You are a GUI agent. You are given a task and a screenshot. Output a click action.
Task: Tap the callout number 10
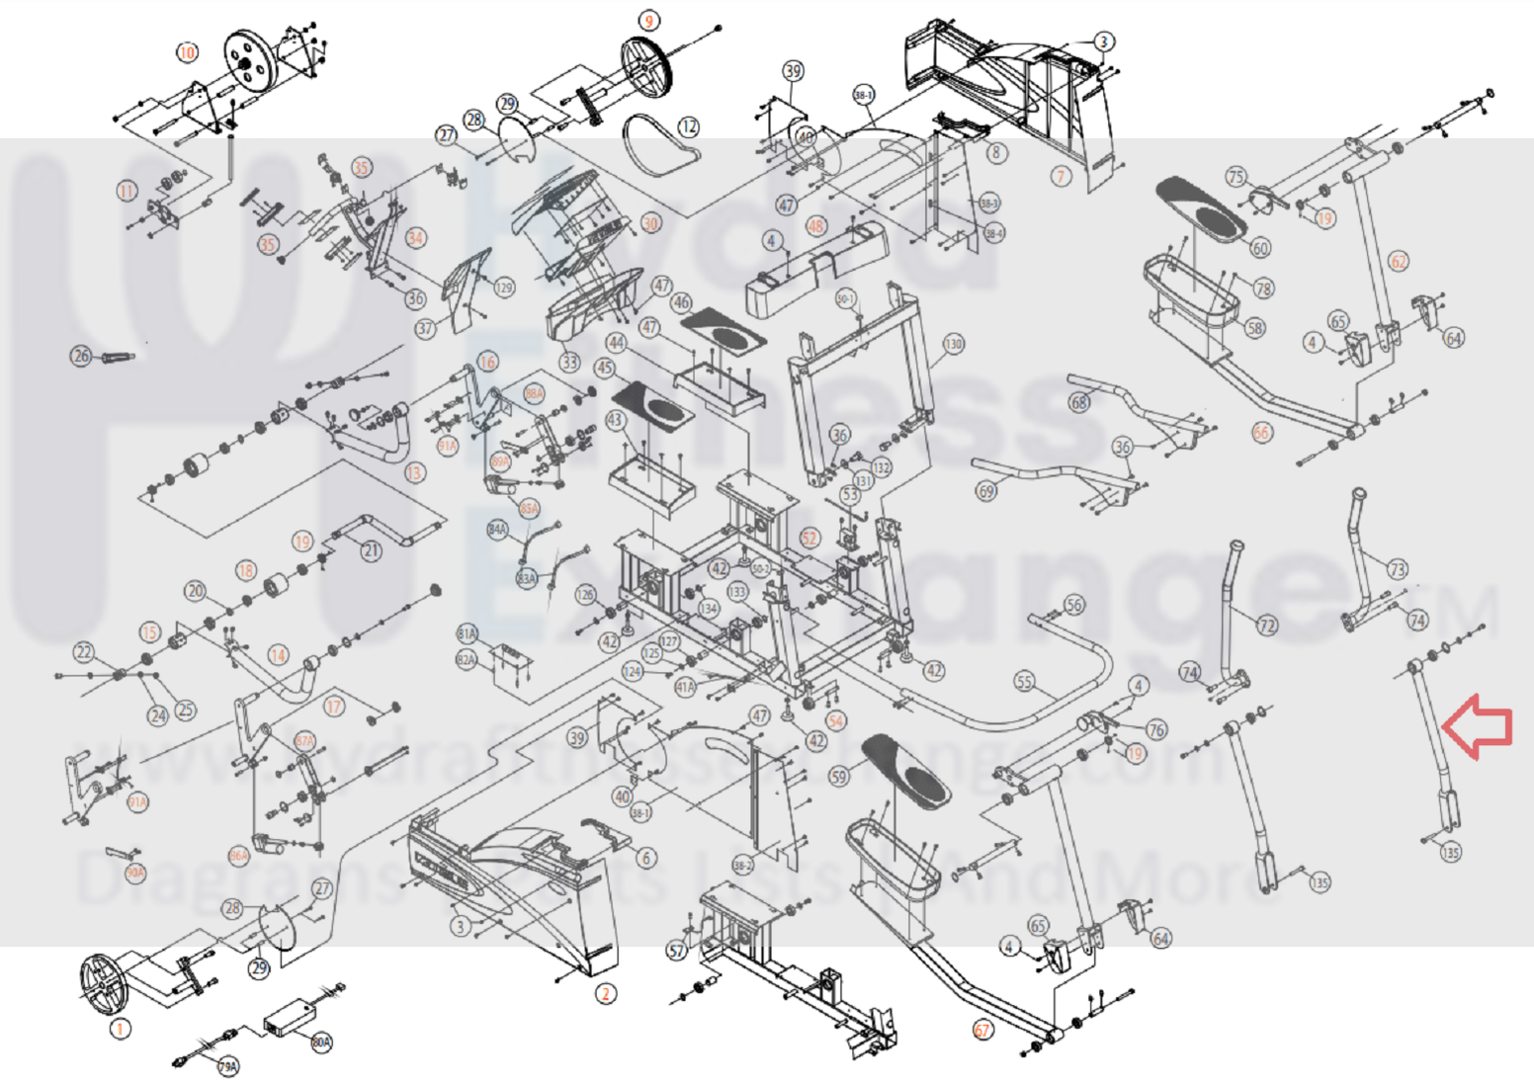tap(187, 52)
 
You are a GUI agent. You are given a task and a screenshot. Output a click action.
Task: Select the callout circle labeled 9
tap(648, 21)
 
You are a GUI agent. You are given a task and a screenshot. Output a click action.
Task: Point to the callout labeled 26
tap(81, 356)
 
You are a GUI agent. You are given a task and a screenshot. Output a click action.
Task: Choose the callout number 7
tap(1061, 177)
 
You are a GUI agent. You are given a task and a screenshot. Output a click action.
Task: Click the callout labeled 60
tap(1260, 248)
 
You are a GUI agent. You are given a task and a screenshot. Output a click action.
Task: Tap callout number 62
tap(1399, 261)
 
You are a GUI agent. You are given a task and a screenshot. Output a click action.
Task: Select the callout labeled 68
tap(1079, 402)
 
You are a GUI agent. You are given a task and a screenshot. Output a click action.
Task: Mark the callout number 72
tap(1267, 626)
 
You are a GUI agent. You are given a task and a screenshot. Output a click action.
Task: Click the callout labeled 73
tap(1397, 569)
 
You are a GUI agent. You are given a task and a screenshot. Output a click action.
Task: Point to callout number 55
tap(1024, 682)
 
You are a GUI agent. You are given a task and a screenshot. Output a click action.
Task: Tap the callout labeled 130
tap(953, 344)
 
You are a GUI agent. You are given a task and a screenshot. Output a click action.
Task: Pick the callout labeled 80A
tap(321, 1043)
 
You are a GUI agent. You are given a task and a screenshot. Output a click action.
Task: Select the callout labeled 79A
tap(228, 1067)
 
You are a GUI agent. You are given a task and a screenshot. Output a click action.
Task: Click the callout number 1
tap(120, 1029)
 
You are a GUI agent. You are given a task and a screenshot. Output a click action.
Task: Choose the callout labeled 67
tap(982, 1030)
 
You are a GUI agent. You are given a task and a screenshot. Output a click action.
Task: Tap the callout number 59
tap(839, 777)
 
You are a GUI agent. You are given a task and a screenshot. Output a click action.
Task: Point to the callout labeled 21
tap(371, 550)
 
